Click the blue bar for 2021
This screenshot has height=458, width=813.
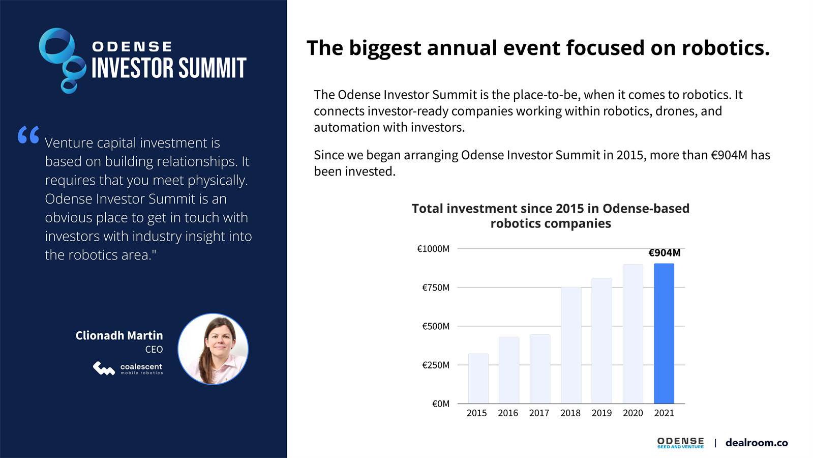click(x=664, y=333)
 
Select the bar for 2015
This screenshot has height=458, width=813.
click(x=478, y=379)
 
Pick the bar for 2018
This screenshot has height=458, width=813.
click(x=571, y=345)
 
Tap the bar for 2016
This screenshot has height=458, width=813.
click(x=509, y=370)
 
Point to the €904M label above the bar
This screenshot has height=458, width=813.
click(x=664, y=253)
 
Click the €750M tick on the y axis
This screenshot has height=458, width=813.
click(x=436, y=288)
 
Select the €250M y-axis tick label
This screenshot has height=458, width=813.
click(x=436, y=365)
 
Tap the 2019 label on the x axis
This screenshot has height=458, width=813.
click(x=601, y=413)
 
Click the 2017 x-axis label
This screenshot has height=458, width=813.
click(x=539, y=413)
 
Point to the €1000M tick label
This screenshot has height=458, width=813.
click(x=433, y=249)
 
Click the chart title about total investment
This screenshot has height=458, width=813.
click(x=550, y=216)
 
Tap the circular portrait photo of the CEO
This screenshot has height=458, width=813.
click(x=213, y=349)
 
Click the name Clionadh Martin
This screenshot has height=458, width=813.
click(x=119, y=335)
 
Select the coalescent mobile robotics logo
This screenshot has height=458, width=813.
click(x=128, y=368)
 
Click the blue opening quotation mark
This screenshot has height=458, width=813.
click(x=28, y=135)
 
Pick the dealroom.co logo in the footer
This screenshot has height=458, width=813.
click(x=757, y=443)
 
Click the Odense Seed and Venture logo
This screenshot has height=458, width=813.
click(x=680, y=443)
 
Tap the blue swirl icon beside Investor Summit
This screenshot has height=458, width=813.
click(x=63, y=61)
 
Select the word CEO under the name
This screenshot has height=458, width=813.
click(x=154, y=350)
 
